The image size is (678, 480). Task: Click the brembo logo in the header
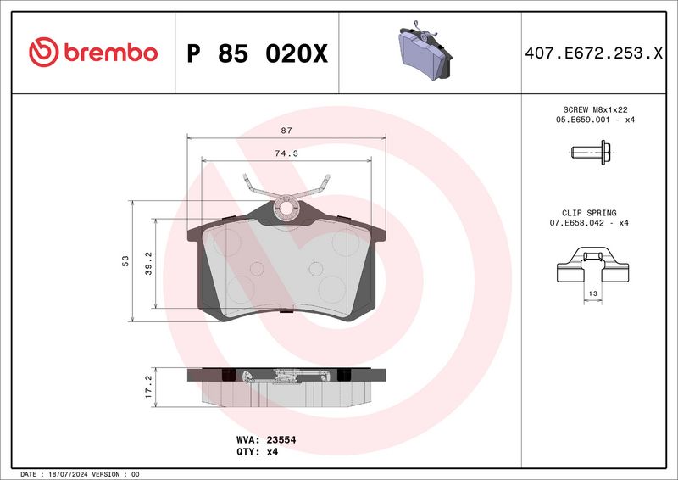click(93, 53)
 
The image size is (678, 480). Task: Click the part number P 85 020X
click(256, 53)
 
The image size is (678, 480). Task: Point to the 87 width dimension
click(286, 131)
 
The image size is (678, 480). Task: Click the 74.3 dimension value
click(286, 153)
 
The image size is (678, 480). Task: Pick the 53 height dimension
click(125, 260)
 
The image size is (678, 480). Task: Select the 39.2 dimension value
click(149, 262)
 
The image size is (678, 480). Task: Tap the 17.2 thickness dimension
click(148, 386)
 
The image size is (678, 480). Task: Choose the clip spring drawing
click(593, 265)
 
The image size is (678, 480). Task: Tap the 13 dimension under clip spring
click(593, 292)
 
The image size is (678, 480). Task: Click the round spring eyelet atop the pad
click(287, 206)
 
